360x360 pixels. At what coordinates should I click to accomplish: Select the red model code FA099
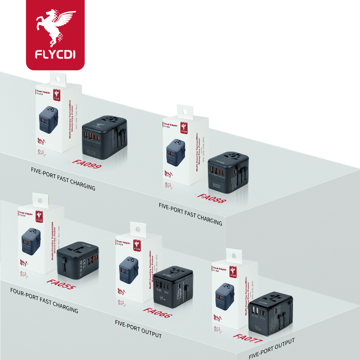86,164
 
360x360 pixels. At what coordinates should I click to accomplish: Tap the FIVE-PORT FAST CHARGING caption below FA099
63,178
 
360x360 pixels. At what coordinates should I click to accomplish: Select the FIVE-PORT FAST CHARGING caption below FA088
190,214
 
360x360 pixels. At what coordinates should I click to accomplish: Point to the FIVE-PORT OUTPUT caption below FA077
271,348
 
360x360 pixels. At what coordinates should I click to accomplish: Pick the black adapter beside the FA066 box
173,286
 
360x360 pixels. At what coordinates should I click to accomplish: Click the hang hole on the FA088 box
184,110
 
